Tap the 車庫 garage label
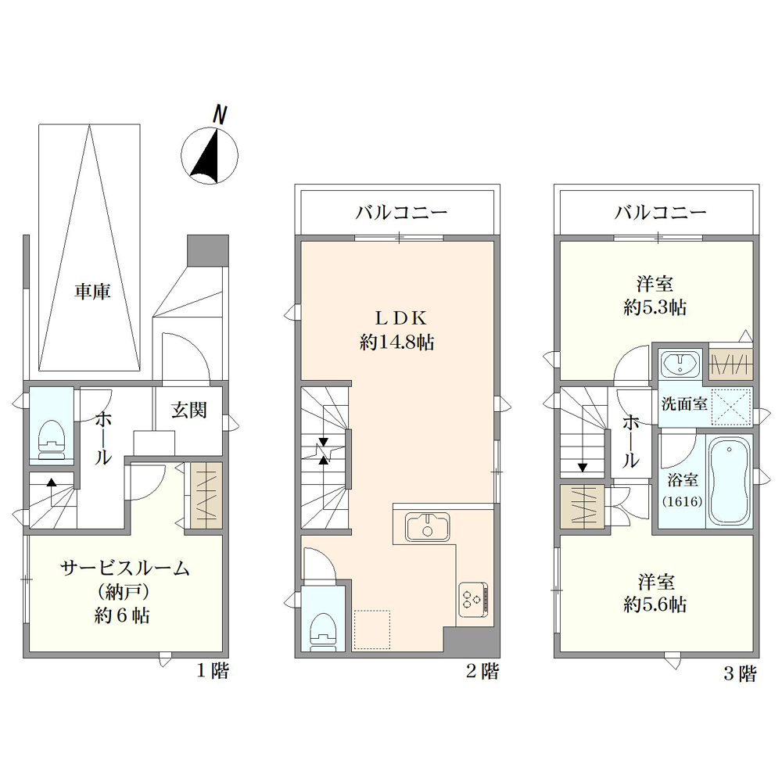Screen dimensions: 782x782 (x=93, y=291)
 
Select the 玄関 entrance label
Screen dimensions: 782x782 (x=189, y=410)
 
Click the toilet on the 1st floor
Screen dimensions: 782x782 (x=52, y=439)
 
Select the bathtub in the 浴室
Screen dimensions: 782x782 (x=730, y=482)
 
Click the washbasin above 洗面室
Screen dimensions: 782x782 (x=680, y=362)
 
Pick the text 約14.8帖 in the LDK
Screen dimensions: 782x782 (x=397, y=343)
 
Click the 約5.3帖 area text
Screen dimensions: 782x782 (x=655, y=307)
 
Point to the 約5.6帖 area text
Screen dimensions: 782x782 (x=655, y=604)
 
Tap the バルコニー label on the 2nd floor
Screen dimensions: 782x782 (x=401, y=213)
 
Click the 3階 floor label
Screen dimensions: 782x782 (x=740, y=674)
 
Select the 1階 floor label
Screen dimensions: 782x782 (x=213, y=671)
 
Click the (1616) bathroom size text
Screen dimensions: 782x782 (x=682, y=501)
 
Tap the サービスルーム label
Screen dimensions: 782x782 (x=124, y=568)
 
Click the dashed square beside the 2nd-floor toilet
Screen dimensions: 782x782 (x=371, y=630)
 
